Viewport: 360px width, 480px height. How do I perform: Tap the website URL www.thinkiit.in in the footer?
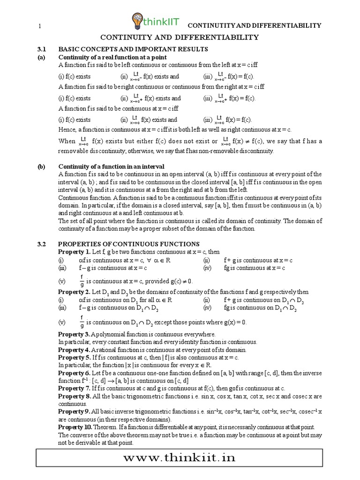180,457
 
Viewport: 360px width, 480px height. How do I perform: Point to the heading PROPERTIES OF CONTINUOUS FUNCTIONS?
129,244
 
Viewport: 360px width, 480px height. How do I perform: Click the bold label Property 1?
74,252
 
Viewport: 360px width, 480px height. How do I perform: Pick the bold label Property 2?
74,292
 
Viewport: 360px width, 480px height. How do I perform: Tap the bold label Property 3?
74,334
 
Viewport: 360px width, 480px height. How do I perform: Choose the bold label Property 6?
74,373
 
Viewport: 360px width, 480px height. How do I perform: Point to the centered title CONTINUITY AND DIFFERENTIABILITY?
180,37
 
